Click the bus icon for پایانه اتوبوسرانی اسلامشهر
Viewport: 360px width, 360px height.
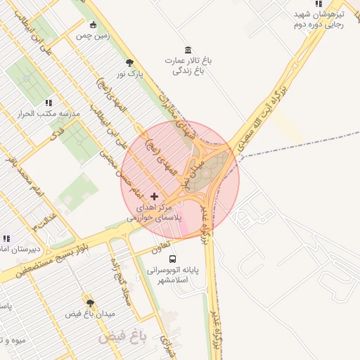point(173,259)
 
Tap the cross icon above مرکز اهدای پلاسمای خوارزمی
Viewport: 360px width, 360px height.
point(155,196)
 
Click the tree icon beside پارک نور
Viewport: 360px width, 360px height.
point(129,63)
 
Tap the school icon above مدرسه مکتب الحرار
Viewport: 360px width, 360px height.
point(49,103)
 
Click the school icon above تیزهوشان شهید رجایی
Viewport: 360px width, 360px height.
point(319,4)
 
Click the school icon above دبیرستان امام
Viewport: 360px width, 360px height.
point(6,239)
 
